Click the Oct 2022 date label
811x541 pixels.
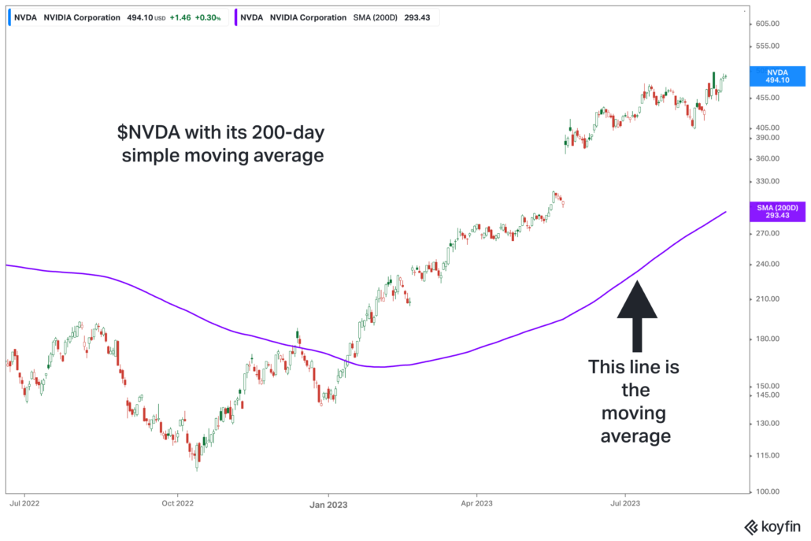(177, 502)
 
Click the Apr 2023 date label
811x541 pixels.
(476, 502)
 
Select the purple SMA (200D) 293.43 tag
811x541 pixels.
(777, 211)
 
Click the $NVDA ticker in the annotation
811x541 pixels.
(140, 132)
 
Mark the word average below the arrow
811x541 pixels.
(635, 435)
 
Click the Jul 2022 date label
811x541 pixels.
(25, 502)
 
